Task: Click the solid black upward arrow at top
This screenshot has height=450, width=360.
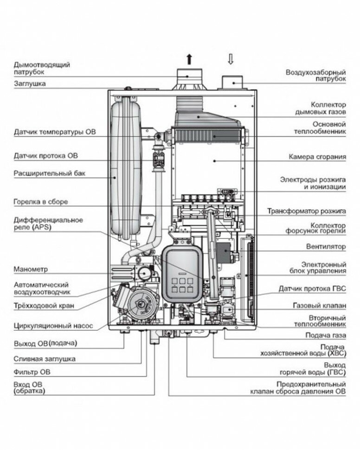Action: [189, 59]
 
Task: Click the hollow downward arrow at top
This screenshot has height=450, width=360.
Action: [231, 59]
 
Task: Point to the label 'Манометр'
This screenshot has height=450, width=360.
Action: [31, 269]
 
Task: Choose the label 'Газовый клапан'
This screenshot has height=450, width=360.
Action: [320, 306]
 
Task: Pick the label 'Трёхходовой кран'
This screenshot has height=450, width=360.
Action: [44, 306]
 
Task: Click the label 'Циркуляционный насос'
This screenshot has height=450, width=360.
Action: [53, 326]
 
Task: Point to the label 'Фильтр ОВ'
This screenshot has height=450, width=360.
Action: [32, 372]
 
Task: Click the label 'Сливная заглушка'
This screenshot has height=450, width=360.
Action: [45, 359]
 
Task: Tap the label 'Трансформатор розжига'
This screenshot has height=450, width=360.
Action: [306, 211]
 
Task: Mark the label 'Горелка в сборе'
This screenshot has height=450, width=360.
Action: [41, 202]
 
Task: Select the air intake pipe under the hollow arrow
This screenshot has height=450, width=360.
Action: [231, 83]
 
